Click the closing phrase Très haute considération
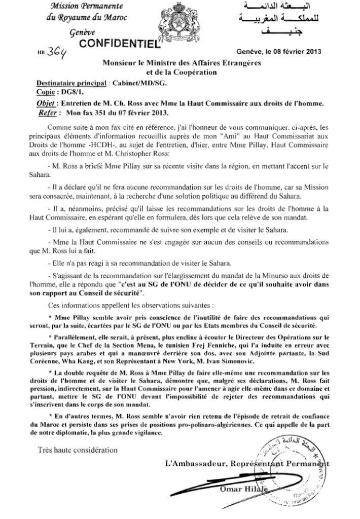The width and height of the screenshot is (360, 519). pos(78,450)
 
